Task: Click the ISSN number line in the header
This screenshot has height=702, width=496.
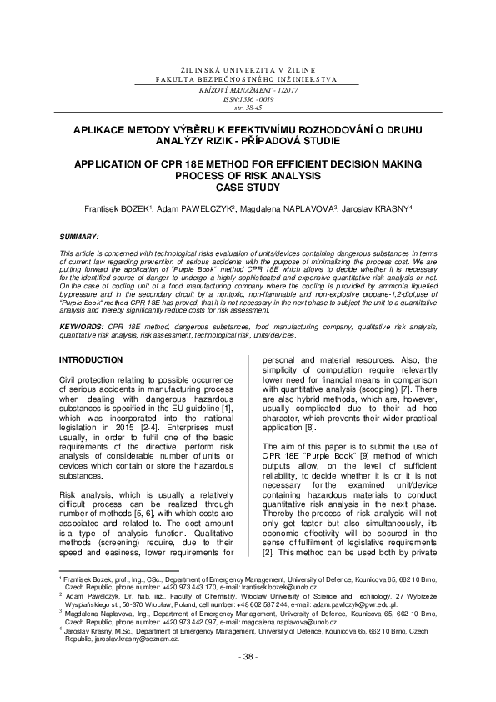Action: (248, 98)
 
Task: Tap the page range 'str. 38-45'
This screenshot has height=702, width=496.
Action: (248, 107)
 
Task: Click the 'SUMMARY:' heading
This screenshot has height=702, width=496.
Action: (81, 237)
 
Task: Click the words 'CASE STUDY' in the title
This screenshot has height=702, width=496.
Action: (248, 188)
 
